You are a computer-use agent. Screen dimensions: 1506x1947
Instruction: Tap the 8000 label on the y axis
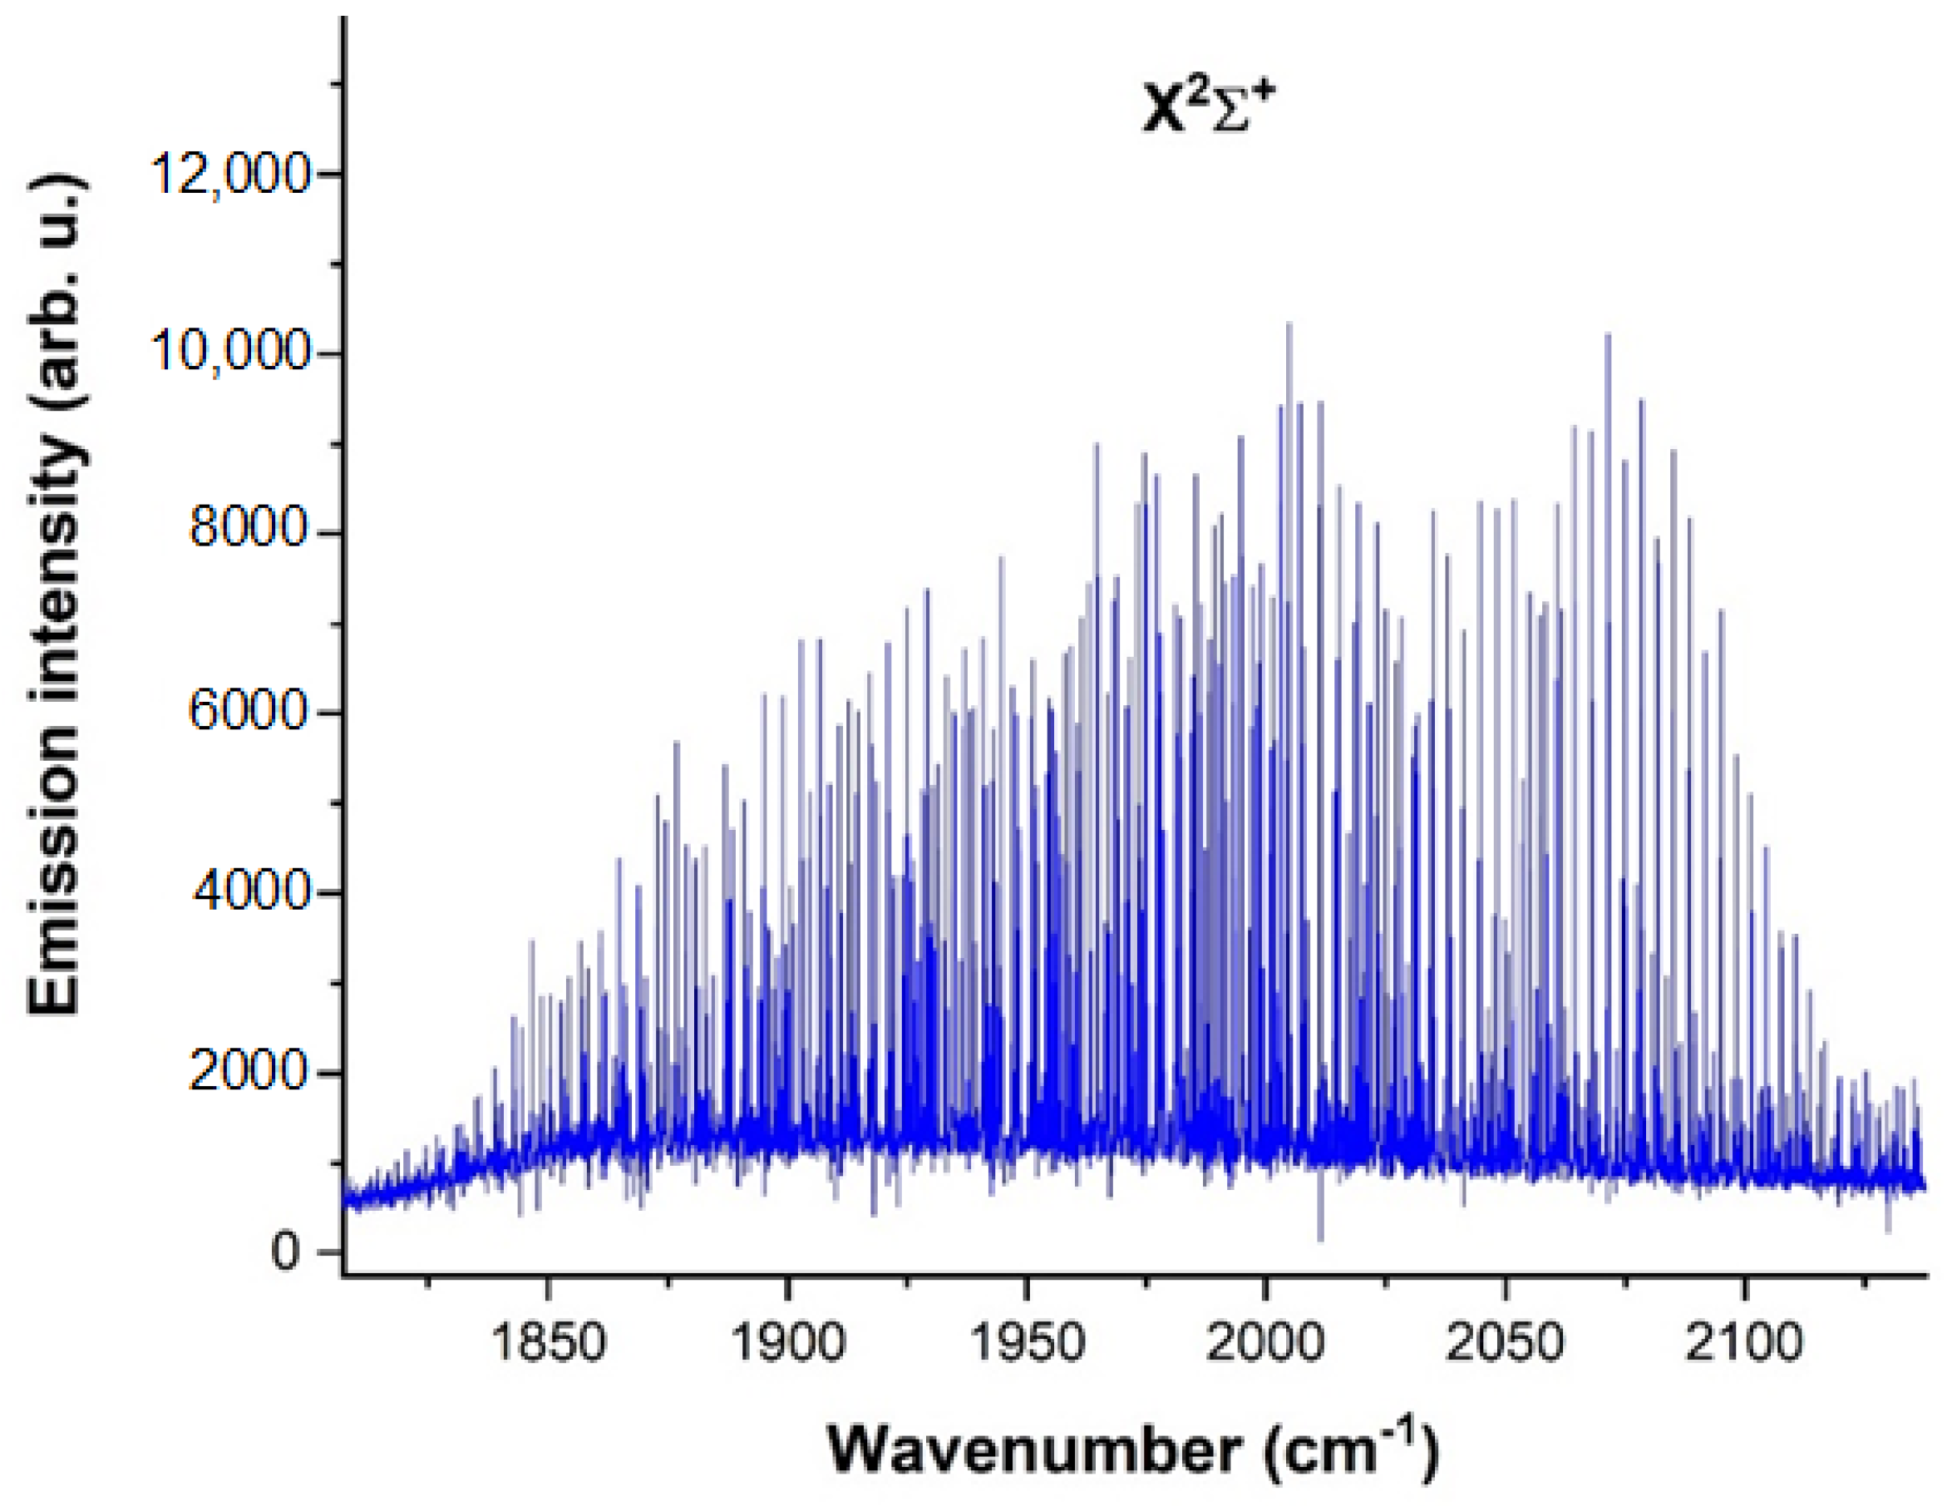coord(249,529)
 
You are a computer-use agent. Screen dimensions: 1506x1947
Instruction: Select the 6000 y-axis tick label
coord(249,712)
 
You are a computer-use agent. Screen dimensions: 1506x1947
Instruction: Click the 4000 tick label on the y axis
coord(249,892)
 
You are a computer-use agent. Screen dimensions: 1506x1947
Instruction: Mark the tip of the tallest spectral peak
coord(1289,323)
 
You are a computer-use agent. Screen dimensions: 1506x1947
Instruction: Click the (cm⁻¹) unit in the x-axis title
coord(1352,1449)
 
